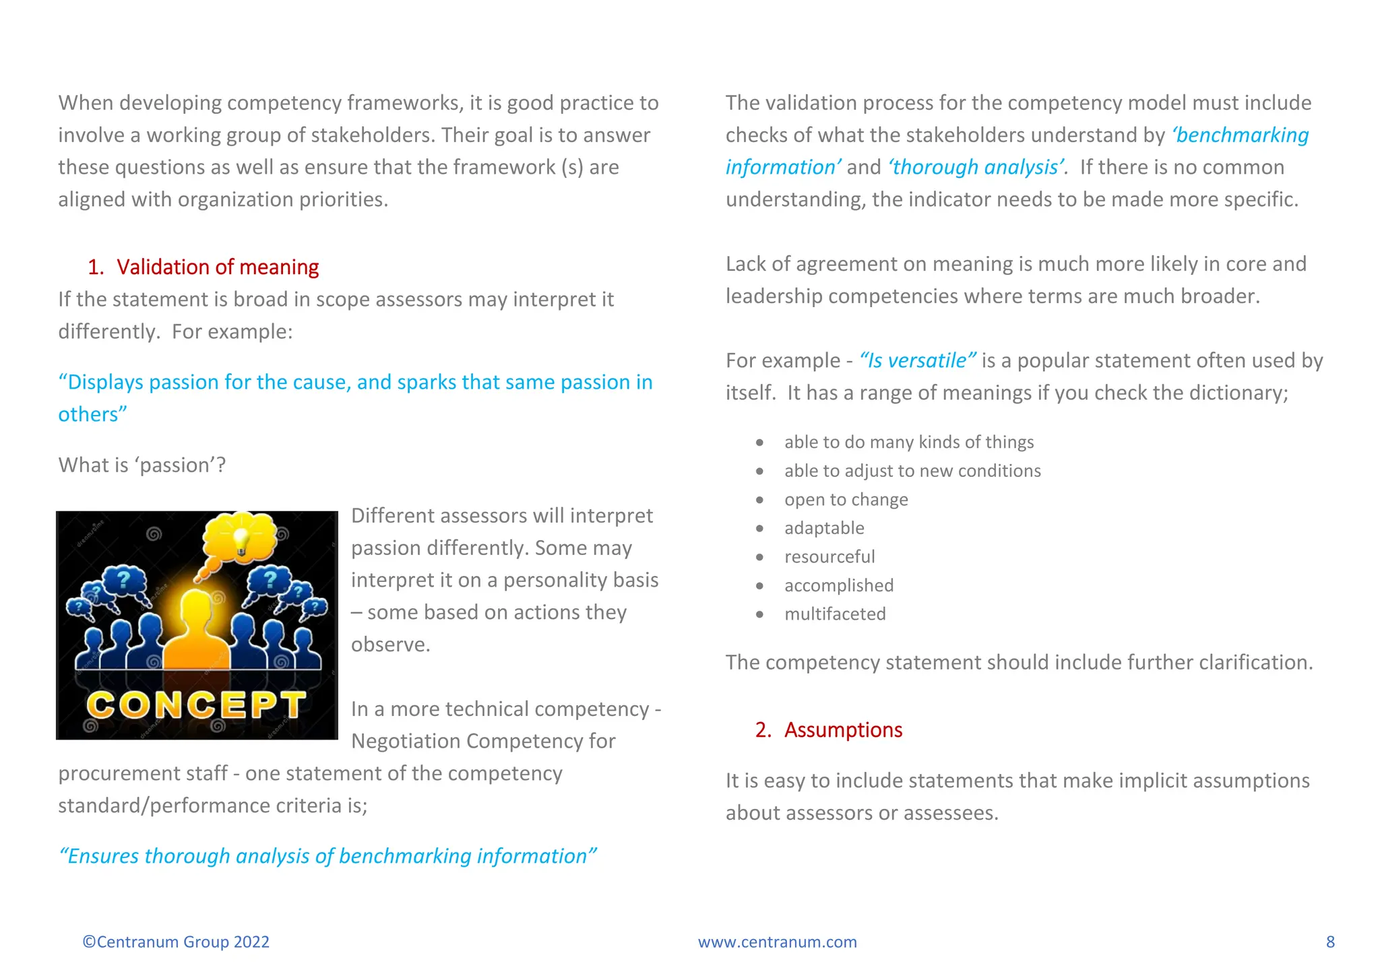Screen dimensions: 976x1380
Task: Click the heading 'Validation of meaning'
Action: coord(217,267)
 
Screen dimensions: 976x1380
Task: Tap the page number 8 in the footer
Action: coord(1330,942)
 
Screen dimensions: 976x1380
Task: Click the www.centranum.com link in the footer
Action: coord(777,942)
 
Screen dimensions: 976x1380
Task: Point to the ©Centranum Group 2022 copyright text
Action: coord(176,942)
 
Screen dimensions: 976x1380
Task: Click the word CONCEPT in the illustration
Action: coord(195,705)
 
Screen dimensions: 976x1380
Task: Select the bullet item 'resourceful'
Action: coord(829,557)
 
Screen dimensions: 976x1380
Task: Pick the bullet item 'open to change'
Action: coord(846,500)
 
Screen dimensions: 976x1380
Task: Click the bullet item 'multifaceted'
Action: coord(834,614)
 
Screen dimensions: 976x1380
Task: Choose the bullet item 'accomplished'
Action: coord(838,586)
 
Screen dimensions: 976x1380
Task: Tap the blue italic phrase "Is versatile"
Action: coord(917,361)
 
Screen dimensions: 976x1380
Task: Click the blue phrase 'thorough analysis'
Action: coord(976,168)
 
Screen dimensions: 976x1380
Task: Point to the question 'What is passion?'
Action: coord(142,465)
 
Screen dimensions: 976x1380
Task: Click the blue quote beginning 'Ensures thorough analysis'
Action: coord(327,856)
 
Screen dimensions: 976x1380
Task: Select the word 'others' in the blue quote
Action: coord(90,415)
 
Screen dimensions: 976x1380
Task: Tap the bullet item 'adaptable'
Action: coord(823,529)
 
